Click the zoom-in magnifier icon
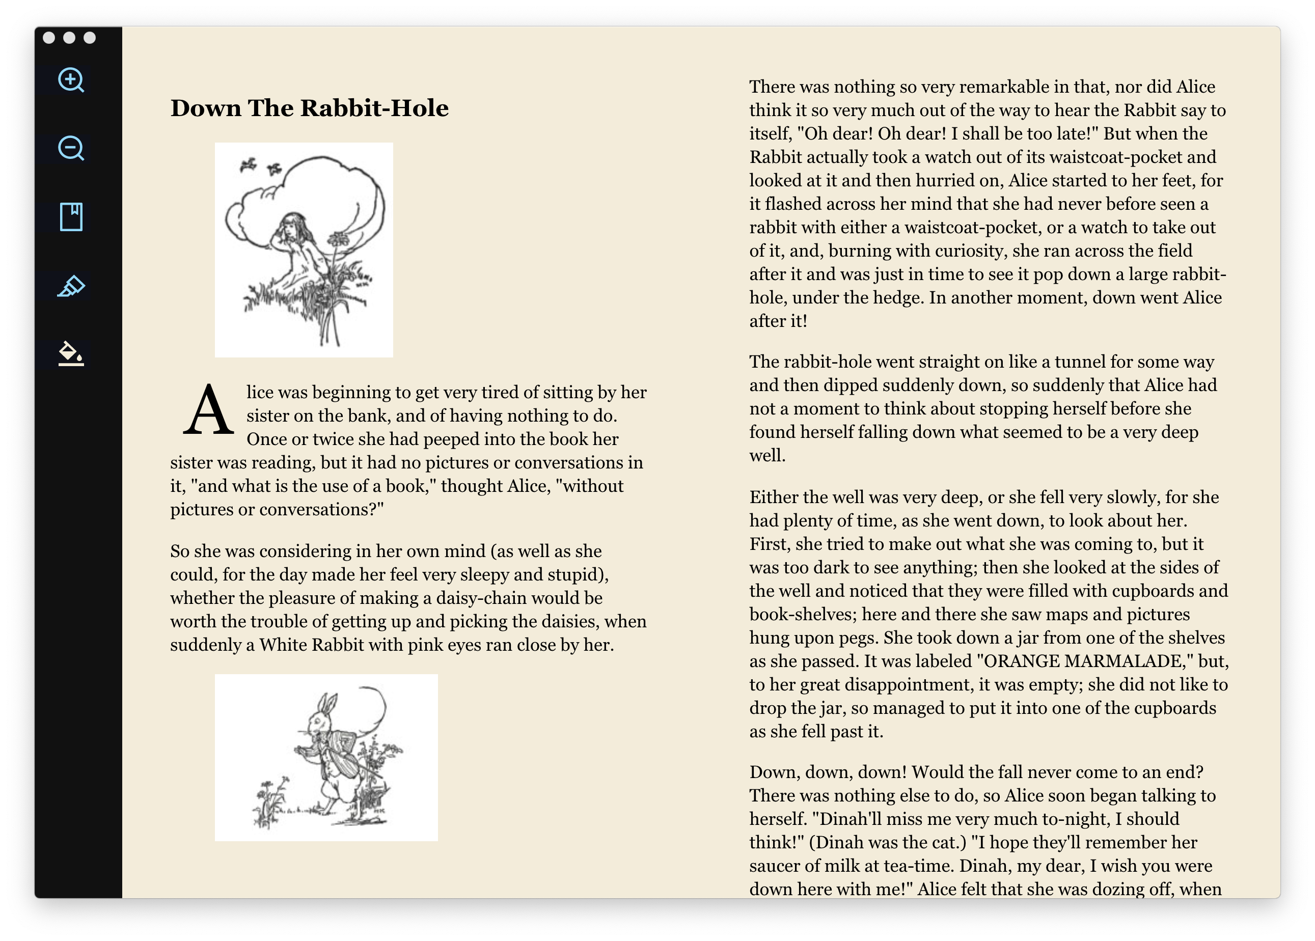(x=71, y=80)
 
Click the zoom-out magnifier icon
(x=71, y=148)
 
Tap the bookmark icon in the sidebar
(x=71, y=217)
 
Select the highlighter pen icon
(x=71, y=286)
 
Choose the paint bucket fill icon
(x=71, y=353)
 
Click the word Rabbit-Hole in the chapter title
(x=374, y=108)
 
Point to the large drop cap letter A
(x=208, y=411)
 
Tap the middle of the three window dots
(x=69, y=38)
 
